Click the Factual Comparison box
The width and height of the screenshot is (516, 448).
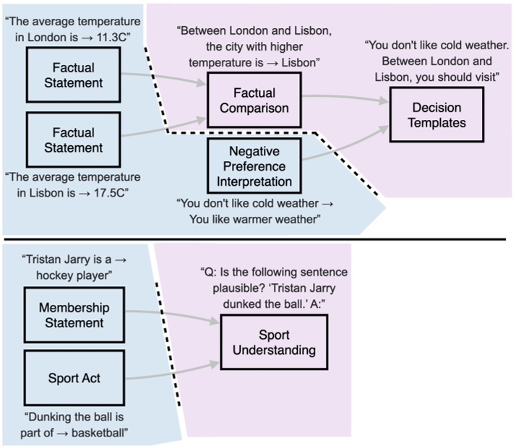pos(249,101)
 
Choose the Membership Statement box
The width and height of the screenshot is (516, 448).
pos(71,315)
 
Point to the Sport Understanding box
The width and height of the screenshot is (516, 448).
pos(267,343)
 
